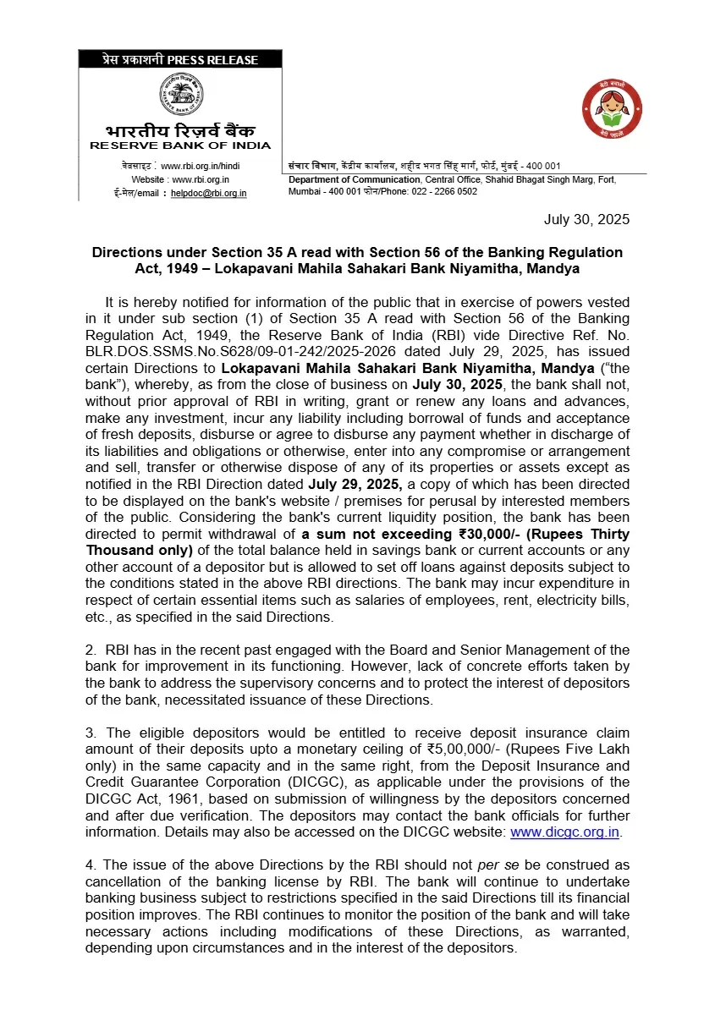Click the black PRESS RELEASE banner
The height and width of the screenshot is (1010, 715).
click(x=180, y=59)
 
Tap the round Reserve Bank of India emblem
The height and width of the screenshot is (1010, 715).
click(x=181, y=95)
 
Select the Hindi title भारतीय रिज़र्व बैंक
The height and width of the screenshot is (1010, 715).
click(x=180, y=131)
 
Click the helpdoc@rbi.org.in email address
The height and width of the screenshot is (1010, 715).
click(x=208, y=193)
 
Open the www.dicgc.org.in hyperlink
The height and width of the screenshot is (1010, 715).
click(x=565, y=832)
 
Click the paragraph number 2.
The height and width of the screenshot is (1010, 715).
click(x=89, y=650)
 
